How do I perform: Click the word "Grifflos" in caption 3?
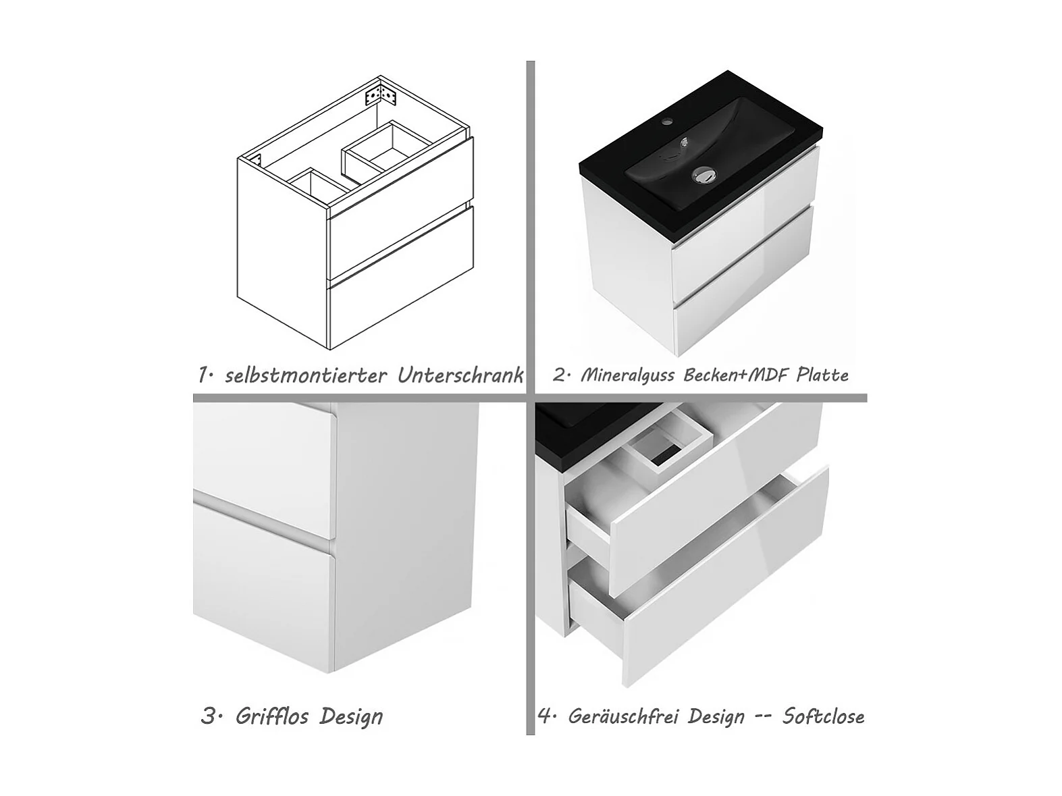272,716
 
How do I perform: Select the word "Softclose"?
823,716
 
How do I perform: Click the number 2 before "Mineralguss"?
560,376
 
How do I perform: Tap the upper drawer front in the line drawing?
401,209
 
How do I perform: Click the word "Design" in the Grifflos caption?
351,717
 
